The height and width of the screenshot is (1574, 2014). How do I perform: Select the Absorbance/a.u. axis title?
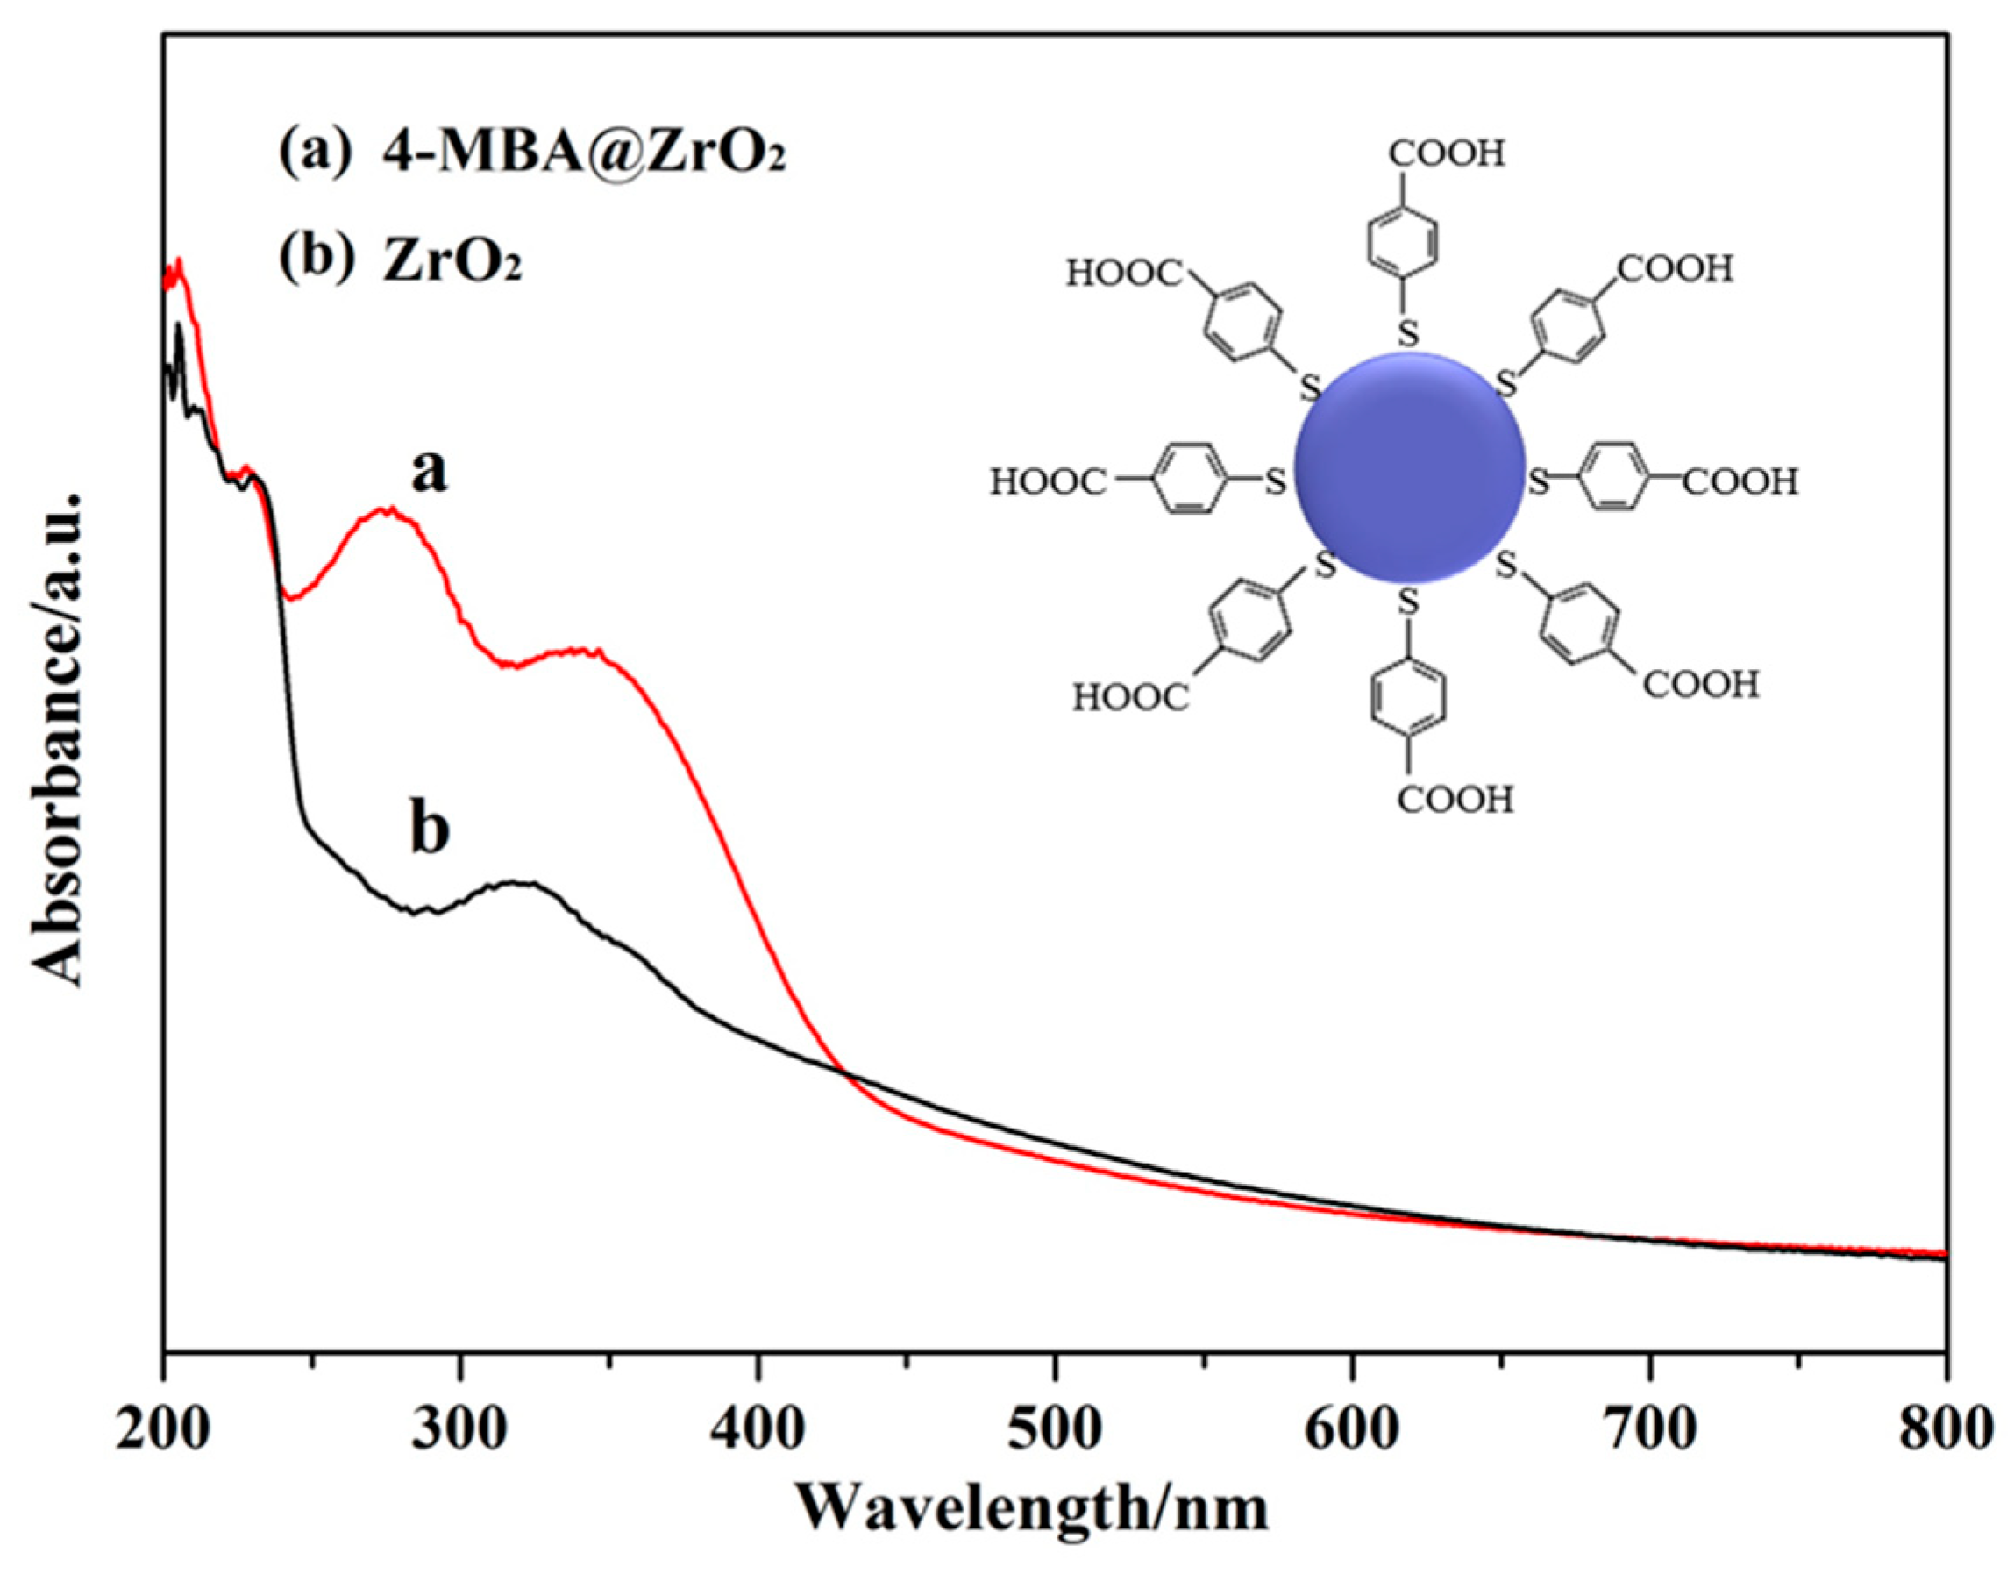pyautogui.click(x=57, y=737)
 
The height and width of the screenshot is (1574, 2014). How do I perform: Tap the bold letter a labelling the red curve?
pyautogui.click(x=429, y=472)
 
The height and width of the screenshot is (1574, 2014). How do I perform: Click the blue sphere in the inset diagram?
pyautogui.click(x=1409, y=467)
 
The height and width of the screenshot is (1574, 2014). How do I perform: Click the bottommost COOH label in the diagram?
pyautogui.click(x=1455, y=799)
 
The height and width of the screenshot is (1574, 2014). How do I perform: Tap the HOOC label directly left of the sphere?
pyautogui.click(x=1048, y=482)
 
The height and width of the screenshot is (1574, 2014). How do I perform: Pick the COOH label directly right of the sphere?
pyautogui.click(x=1741, y=482)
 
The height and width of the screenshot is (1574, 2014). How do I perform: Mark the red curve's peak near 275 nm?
pyautogui.click(x=388, y=510)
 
